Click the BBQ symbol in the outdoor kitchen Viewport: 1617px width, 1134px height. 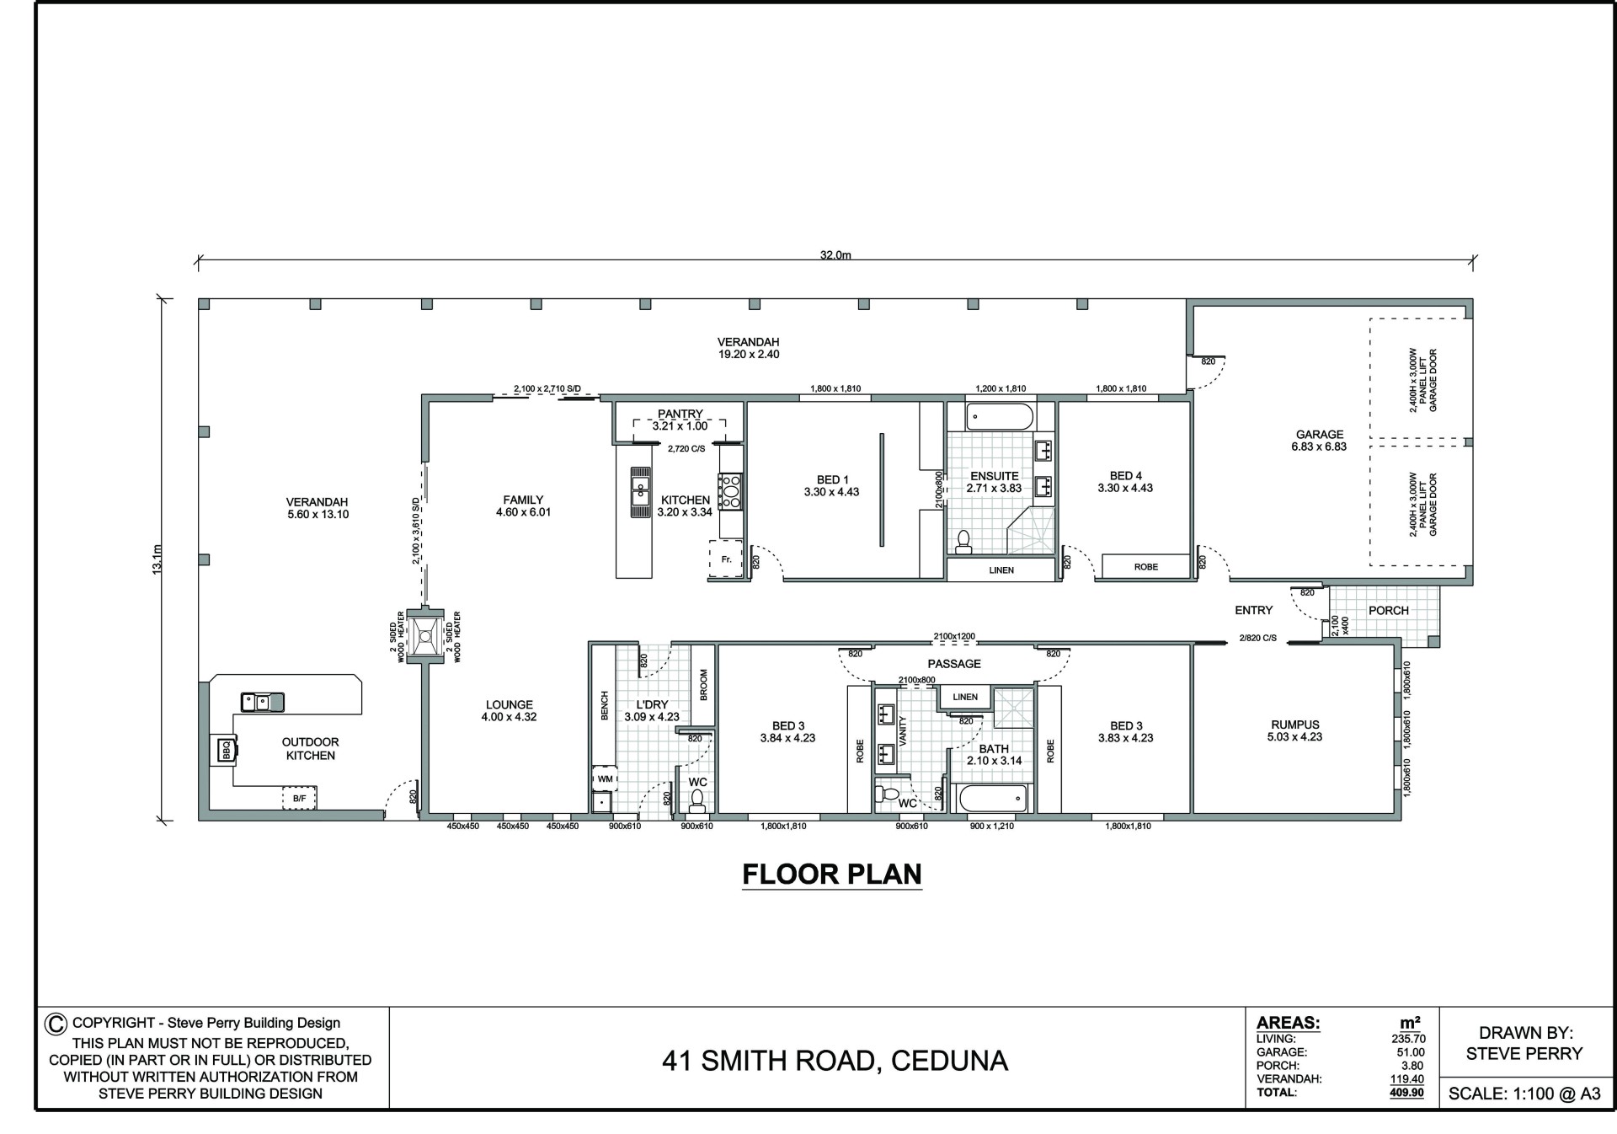(x=227, y=749)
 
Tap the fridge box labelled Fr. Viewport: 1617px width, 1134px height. (x=726, y=559)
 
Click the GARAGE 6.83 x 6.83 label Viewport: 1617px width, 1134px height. (x=1320, y=441)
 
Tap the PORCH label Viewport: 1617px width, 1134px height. (x=1389, y=611)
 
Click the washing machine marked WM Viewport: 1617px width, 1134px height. (x=605, y=778)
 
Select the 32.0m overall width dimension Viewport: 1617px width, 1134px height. (x=835, y=255)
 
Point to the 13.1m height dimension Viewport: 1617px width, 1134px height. (x=157, y=559)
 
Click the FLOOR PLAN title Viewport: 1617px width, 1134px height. (x=832, y=875)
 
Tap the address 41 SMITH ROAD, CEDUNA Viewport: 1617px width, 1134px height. (x=835, y=1060)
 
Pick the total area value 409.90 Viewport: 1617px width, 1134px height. (x=1406, y=1093)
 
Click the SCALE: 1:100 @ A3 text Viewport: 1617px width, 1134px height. (x=1524, y=1094)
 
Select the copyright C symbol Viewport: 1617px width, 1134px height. (x=55, y=1024)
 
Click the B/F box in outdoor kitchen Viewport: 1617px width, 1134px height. (x=300, y=797)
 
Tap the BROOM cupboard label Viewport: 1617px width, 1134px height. (x=704, y=685)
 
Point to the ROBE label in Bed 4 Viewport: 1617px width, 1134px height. (x=1145, y=567)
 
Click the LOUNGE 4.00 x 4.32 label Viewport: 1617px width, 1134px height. (x=509, y=711)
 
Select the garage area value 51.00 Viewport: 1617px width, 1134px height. (x=1411, y=1052)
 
